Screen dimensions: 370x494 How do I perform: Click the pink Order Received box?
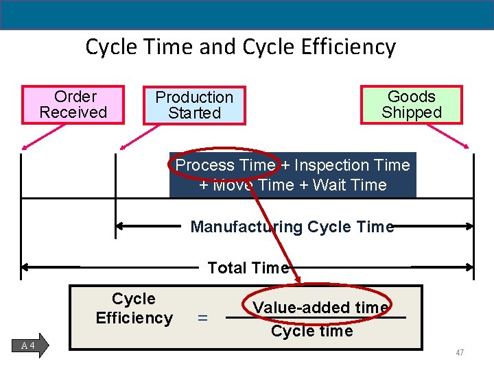[73, 105]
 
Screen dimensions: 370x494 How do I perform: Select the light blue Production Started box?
[194, 106]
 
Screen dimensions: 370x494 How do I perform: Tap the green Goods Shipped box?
[412, 105]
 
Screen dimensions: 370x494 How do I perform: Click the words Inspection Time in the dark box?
[352, 165]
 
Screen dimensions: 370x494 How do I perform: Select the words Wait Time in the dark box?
[349, 185]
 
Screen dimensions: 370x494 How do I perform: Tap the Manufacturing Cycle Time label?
[292, 227]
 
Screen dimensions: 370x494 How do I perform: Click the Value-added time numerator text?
[320, 308]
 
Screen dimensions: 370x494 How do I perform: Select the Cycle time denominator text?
[311, 332]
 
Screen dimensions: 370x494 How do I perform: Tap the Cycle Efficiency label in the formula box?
[134, 308]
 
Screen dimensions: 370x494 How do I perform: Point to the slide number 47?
[460, 353]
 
